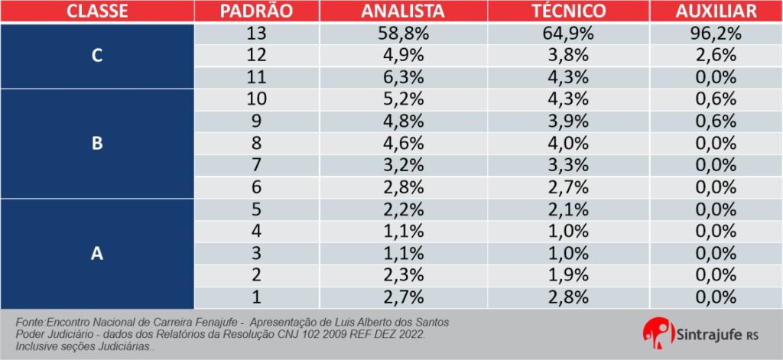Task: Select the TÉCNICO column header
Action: pos(568,11)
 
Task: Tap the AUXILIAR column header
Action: pos(716,11)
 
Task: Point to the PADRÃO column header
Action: pos(256,11)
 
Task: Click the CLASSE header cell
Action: pos(96,11)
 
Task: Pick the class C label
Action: pos(97,56)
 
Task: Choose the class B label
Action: pos(97,144)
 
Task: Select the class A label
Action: pos(97,254)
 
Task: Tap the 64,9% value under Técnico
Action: pos(569,34)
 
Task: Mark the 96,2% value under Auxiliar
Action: pos(716,34)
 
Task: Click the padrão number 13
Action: pos(256,34)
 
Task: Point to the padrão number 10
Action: pos(256,99)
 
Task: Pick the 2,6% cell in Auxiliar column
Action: pos(716,56)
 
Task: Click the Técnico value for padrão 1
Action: pos(569,297)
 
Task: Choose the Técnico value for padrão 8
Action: pos(569,144)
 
